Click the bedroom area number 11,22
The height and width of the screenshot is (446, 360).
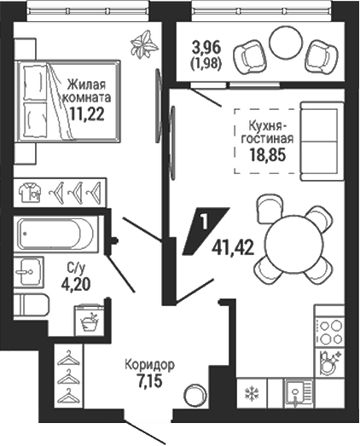coord(87,114)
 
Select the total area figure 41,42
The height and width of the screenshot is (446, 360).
coord(233,248)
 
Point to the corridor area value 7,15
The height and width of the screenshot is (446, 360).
coord(149,381)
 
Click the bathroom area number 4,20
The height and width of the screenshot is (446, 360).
coord(75,284)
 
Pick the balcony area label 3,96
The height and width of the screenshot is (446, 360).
coord(206,48)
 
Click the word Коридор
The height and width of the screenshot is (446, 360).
coord(149,365)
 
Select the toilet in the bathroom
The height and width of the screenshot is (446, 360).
coord(32,304)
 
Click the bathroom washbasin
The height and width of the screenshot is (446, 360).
coord(28,271)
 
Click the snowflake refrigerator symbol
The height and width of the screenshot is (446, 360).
coord(252,394)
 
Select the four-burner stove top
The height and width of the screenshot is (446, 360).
coord(330,332)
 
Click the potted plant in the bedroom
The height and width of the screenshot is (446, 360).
coord(144,44)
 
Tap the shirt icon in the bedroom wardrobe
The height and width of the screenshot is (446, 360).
coord(30,192)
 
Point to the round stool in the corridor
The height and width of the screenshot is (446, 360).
coord(195,395)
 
